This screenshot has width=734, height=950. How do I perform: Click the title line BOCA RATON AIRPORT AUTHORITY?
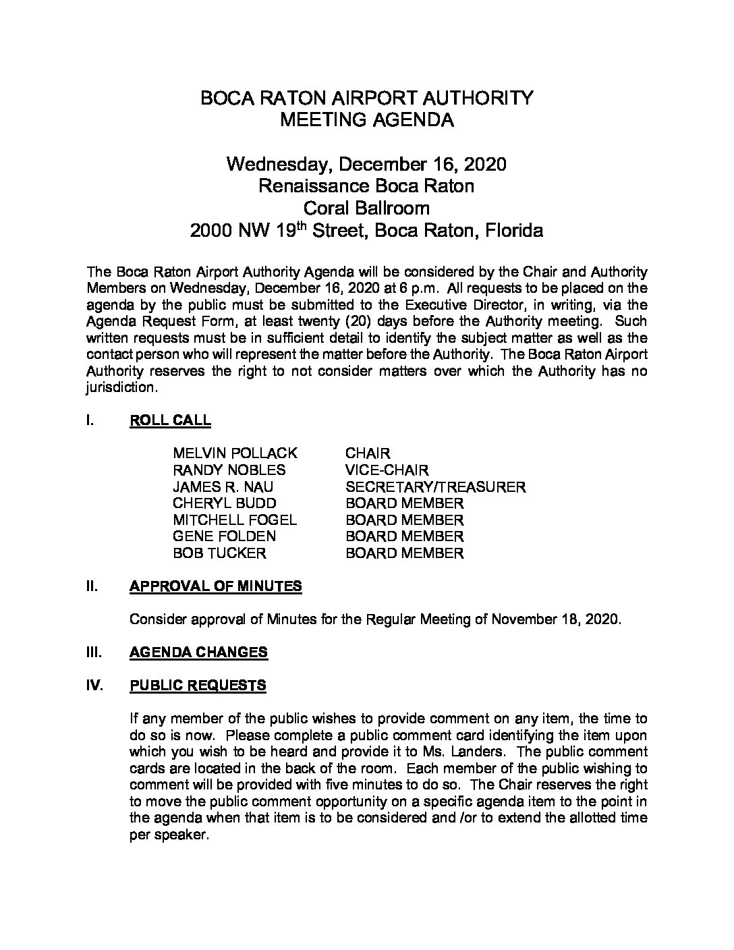367,98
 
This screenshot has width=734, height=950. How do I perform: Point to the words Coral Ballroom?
367,208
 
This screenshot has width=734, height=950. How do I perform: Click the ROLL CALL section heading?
170,420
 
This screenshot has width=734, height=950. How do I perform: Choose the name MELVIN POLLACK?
235,453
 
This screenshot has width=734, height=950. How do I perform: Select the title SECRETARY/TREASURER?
435,486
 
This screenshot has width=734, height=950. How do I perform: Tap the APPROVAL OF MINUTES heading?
215,586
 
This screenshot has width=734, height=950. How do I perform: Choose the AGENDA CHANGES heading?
198,652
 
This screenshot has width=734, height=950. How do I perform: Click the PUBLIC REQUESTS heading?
198,686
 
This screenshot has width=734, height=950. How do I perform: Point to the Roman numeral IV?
94,686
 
